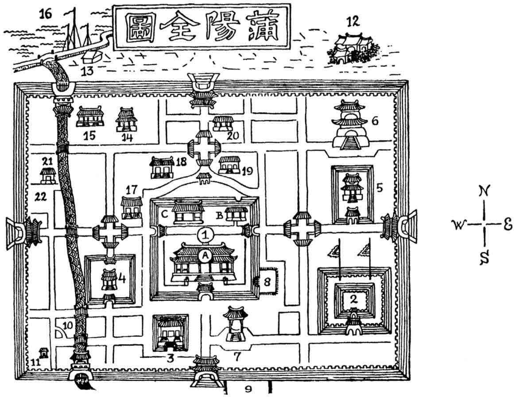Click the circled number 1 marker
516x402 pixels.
[205, 234]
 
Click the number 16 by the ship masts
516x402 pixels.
[45, 14]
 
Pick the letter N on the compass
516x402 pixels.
[484, 191]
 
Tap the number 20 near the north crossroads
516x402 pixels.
[233, 136]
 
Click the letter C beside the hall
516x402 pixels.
[164, 214]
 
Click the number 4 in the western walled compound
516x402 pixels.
[122, 279]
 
